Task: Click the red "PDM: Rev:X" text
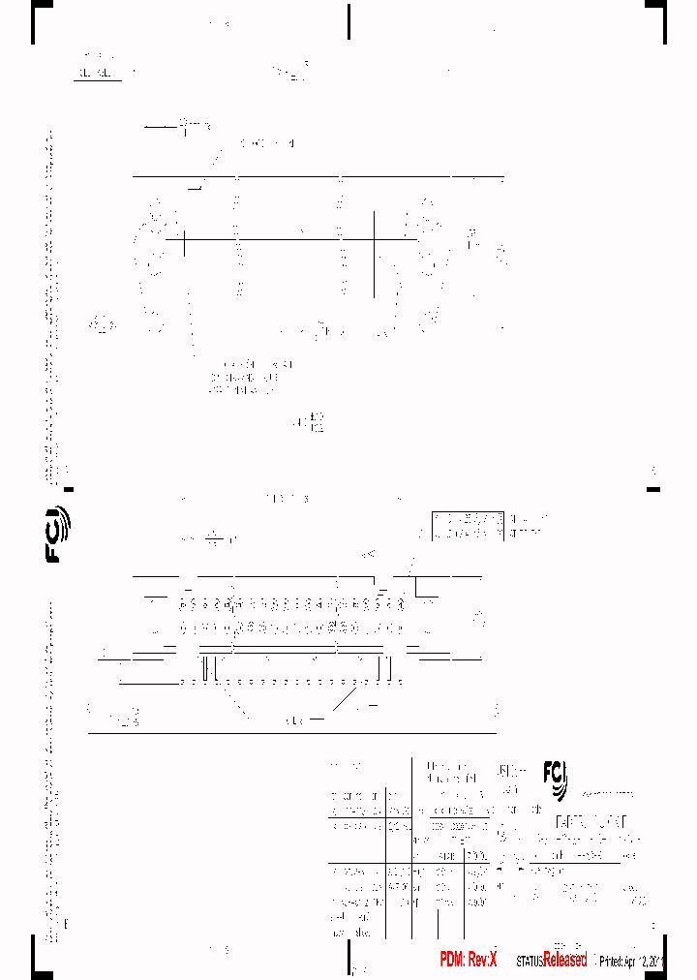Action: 468,960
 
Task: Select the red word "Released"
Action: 565,960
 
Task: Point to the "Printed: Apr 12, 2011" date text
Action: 631,962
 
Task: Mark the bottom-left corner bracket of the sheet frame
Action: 38,959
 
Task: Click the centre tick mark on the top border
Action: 348,21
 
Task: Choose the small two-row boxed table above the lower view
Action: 469,525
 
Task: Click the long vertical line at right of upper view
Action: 375,254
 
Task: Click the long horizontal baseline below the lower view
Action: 290,733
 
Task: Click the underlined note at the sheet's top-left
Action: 98,71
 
